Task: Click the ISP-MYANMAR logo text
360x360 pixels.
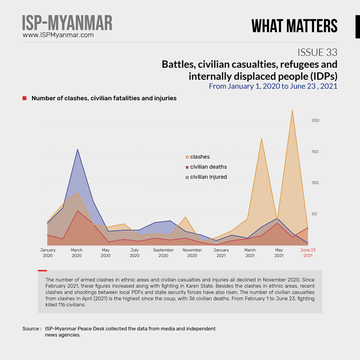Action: tap(67, 22)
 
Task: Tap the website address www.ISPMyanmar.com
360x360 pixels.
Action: tap(58, 35)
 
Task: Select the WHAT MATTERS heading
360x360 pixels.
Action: tap(294, 25)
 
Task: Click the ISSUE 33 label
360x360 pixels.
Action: tap(317, 52)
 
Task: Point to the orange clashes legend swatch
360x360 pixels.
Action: tap(187, 157)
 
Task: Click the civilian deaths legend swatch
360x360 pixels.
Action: tap(187, 167)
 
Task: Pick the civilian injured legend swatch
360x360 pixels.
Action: tap(187, 177)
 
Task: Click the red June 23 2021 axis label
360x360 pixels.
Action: tap(307, 252)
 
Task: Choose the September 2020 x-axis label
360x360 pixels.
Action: tap(163, 252)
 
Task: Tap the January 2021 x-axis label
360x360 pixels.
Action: tap(221, 252)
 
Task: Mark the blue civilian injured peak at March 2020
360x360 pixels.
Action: tap(77, 149)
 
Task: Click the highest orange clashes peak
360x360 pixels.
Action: tap(292, 110)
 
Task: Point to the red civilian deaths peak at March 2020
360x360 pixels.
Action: tap(77, 211)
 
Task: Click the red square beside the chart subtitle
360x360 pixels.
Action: tap(24, 98)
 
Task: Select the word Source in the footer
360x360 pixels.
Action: tap(31, 328)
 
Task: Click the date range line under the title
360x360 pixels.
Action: tap(273, 86)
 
